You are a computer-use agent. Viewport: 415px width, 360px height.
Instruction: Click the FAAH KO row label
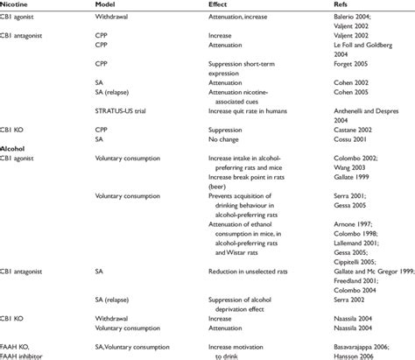coord(19,345)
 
